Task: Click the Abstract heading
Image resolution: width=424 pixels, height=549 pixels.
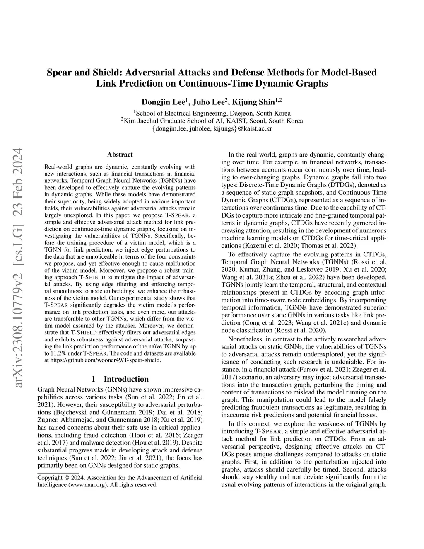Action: point(120,155)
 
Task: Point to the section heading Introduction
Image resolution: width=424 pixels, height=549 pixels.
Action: point(126,379)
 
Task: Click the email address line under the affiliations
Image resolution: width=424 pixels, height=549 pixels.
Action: point(212,128)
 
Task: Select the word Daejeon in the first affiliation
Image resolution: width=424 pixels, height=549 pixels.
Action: point(241,113)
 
